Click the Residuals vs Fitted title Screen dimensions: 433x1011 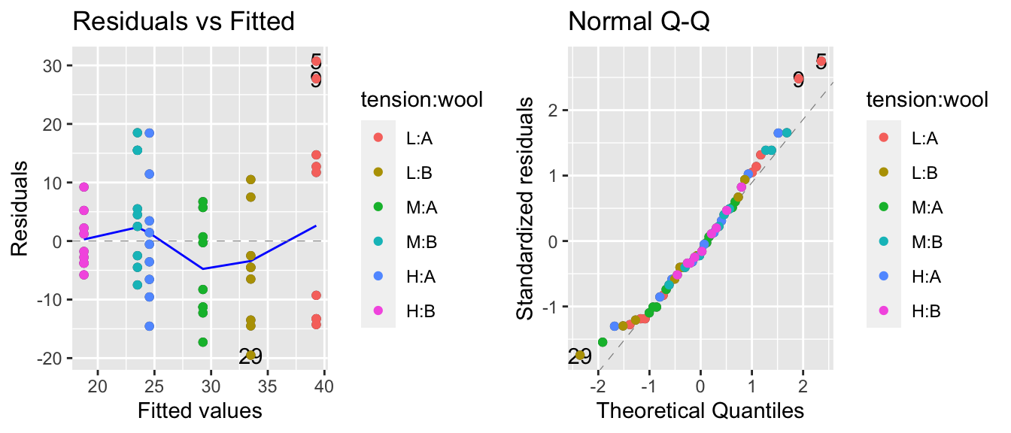(x=183, y=22)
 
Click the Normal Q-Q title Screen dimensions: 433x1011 (x=639, y=22)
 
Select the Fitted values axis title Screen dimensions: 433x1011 (x=199, y=410)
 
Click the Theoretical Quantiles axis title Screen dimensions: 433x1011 (x=700, y=410)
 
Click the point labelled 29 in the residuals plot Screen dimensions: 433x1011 (x=251, y=356)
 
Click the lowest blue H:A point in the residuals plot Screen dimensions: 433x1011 (x=150, y=326)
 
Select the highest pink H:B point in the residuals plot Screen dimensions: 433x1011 (x=84, y=187)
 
